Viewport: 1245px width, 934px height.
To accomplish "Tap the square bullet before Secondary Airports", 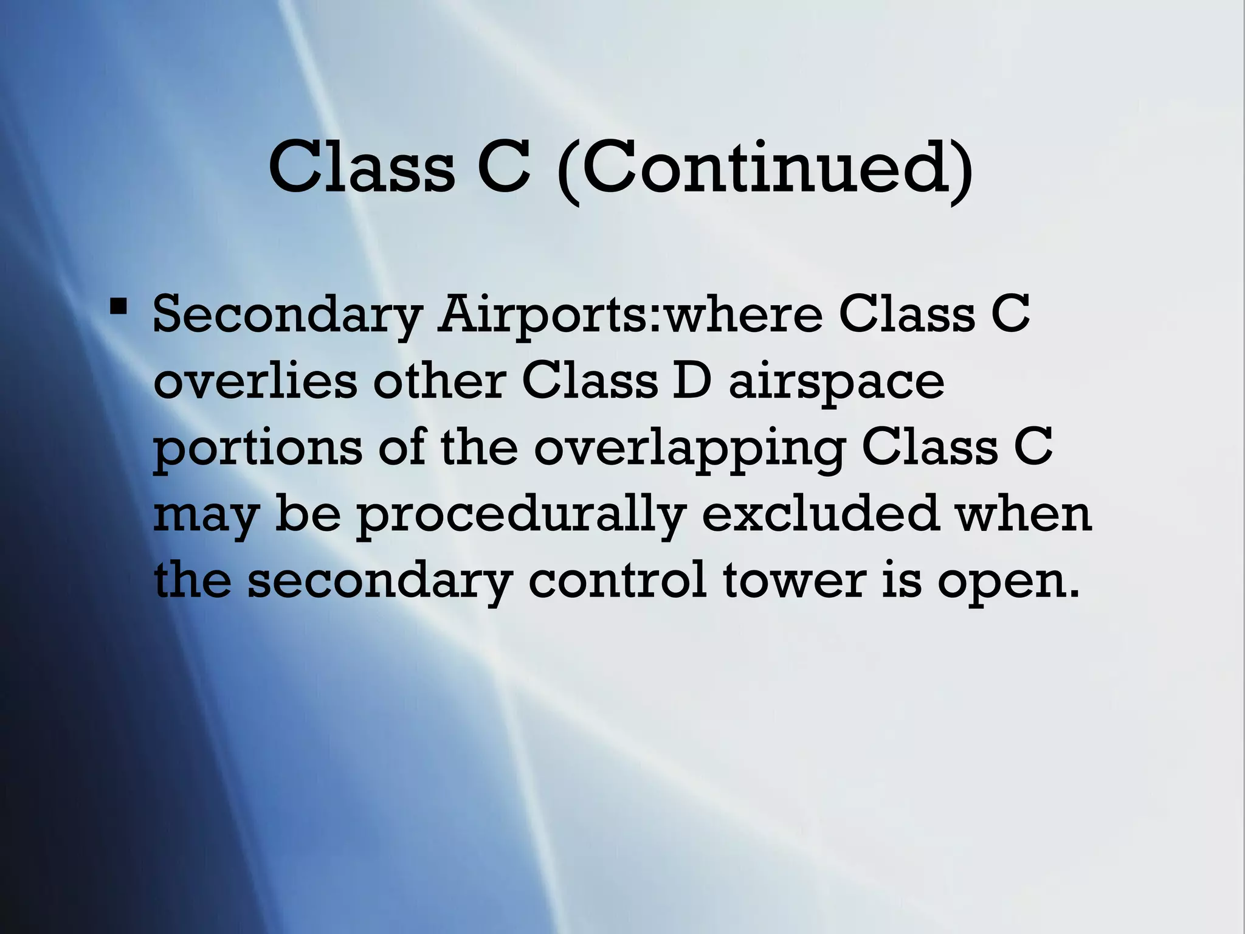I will (119, 304).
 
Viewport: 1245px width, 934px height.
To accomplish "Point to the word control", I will (617, 579).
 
